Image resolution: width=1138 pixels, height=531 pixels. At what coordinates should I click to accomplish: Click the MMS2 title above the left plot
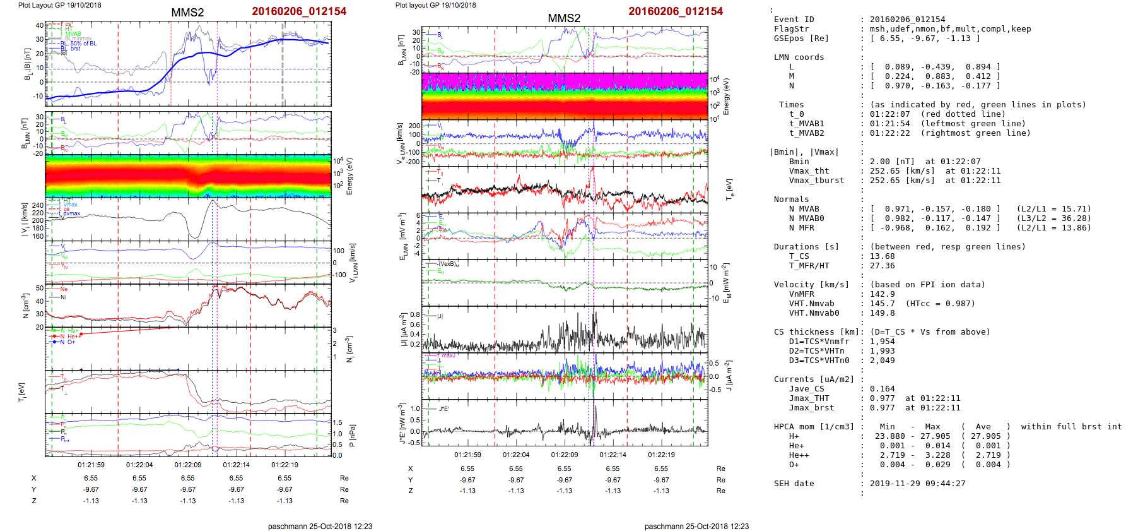coord(187,13)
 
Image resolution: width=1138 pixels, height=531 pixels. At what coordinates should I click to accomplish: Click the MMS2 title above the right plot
coord(564,18)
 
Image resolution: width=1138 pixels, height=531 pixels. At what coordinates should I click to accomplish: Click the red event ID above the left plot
coord(299,11)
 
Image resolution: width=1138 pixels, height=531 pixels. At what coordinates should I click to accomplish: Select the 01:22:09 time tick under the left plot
coord(188,465)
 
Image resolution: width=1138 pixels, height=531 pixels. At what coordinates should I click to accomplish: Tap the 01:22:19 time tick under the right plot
coord(661,455)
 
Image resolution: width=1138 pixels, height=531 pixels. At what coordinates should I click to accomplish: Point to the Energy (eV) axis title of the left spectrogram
coord(350,176)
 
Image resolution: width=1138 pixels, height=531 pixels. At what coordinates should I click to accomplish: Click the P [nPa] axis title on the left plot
coord(352,436)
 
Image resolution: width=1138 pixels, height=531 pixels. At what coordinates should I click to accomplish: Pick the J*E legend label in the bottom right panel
coord(444,409)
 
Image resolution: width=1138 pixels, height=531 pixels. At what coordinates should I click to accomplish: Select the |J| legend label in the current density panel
coord(441,316)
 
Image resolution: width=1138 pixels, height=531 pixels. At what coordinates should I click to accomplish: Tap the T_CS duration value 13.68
coord(882,256)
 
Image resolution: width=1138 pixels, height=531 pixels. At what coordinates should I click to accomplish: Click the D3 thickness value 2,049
coord(882,361)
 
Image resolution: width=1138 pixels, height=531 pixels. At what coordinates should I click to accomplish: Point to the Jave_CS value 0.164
coord(882,389)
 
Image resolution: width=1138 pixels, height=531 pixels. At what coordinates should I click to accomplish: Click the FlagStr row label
coord(791,29)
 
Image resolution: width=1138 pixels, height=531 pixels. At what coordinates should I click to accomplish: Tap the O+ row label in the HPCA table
coord(794,465)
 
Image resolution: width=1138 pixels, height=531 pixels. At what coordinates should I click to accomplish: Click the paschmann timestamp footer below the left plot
coord(320,527)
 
